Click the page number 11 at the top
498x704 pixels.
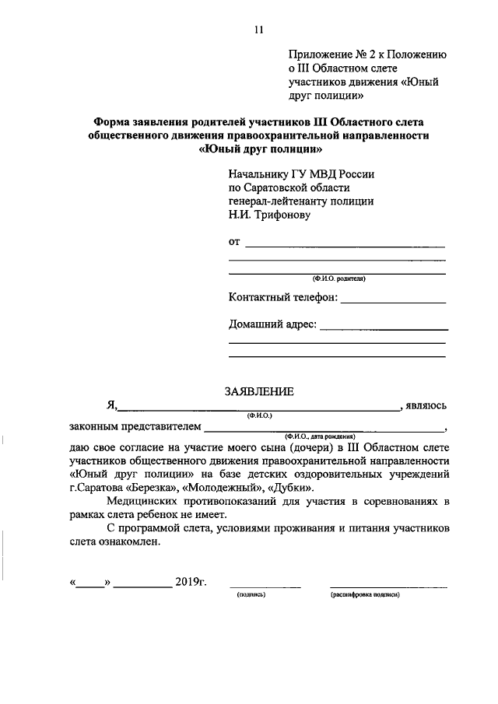click(x=259, y=30)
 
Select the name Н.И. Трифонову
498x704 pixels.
click(x=269, y=215)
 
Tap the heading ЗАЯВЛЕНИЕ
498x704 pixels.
click(x=259, y=391)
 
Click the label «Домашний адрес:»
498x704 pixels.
click(x=272, y=324)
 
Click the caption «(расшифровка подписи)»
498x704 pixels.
click(x=365, y=594)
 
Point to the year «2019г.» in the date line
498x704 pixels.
click(x=191, y=582)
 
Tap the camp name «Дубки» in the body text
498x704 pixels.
click(x=288, y=488)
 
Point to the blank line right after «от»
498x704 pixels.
click(x=345, y=247)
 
